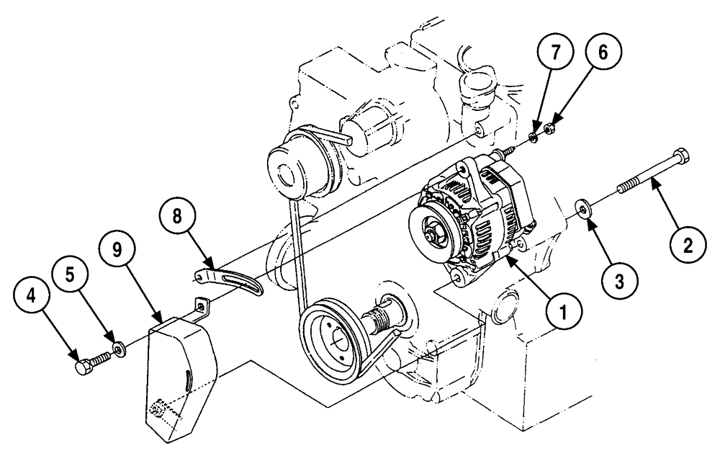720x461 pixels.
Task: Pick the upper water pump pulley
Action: click(287, 167)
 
